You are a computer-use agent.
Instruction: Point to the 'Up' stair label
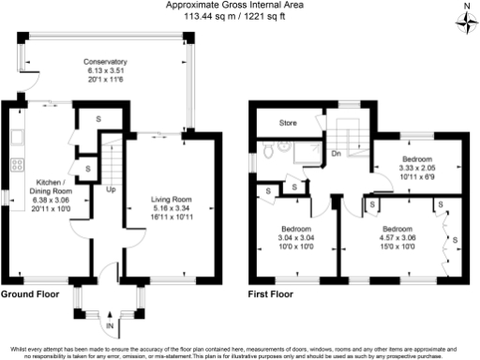coord(111,190)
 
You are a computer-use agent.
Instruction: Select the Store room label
coord(288,122)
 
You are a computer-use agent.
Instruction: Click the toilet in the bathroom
coord(269,147)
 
